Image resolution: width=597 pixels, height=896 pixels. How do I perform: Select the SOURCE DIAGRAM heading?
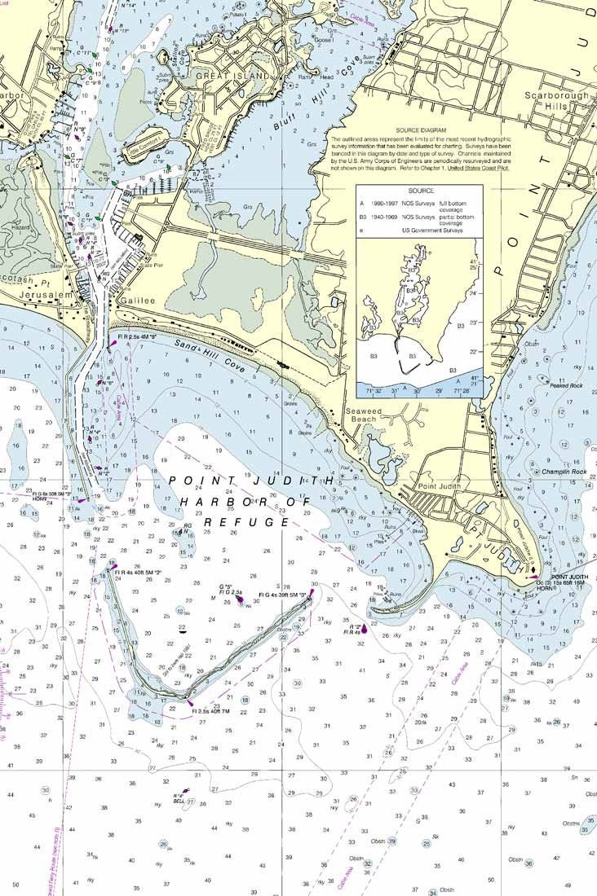421,130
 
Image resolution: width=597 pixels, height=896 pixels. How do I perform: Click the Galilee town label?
135,301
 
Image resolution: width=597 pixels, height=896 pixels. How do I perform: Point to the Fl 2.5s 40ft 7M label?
210,711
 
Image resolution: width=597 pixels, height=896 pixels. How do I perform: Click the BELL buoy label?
179,802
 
